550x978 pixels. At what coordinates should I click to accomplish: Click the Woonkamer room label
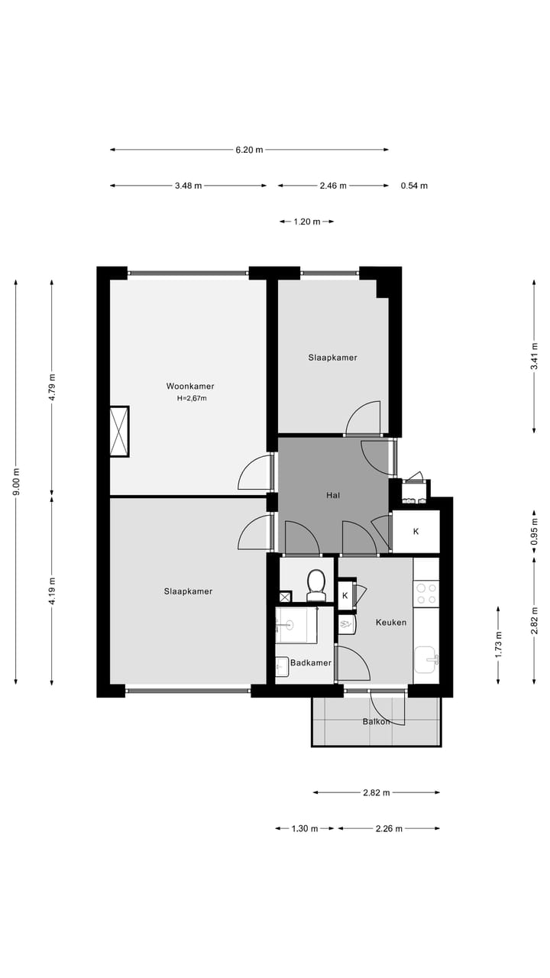(x=190, y=386)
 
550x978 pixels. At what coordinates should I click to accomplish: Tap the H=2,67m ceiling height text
(x=192, y=398)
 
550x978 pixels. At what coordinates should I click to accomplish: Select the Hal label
(x=332, y=495)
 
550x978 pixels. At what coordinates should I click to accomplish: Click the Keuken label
(x=390, y=622)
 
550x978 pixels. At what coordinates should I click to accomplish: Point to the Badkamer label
(x=311, y=662)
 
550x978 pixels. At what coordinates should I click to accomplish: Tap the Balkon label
(x=376, y=721)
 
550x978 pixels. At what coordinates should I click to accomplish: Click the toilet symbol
(x=315, y=585)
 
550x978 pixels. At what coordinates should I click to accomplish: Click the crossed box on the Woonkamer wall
(x=119, y=432)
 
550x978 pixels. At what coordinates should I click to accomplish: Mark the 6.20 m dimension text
(x=249, y=150)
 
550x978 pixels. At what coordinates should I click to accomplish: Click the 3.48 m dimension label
(x=188, y=186)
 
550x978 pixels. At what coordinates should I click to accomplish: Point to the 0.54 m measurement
(x=414, y=186)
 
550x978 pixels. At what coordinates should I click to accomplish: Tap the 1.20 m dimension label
(x=307, y=222)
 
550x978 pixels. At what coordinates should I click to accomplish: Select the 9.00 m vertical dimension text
(x=16, y=482)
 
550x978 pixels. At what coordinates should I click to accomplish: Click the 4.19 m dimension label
(x=52, y=591)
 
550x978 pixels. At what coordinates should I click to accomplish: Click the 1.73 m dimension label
(x=498, y=645)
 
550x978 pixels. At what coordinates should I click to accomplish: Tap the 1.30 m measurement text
(x=305, y=828)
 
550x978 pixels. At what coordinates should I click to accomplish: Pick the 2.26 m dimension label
(x=389, y=828)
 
